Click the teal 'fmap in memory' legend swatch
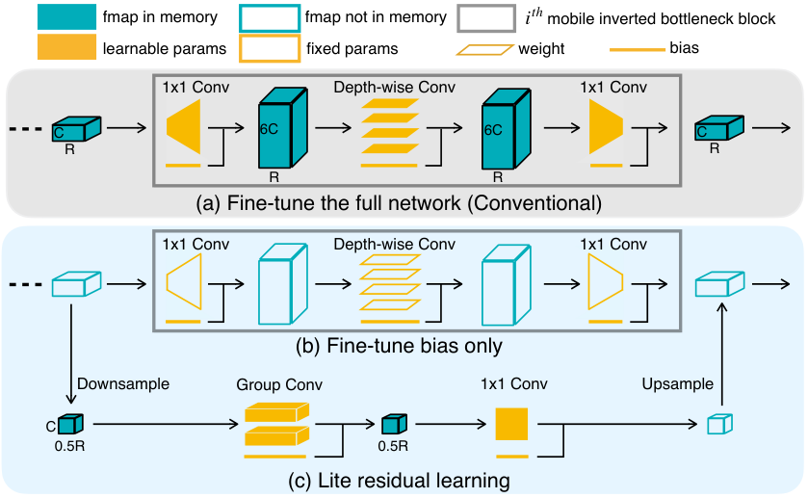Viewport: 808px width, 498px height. [x=66, y=16]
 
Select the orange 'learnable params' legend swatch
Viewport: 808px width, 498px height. [x=66, y=47]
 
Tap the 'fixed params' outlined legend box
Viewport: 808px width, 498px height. [x=270, y=48]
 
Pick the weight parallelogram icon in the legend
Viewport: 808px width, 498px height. [x=485, y=49]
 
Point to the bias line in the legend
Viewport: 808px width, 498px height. [x=638, y=49]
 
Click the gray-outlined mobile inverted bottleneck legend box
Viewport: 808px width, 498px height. [x=486, y=18]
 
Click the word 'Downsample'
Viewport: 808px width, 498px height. [x=123, y=383]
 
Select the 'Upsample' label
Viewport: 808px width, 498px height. [x=678, y=383]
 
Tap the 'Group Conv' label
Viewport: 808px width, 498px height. [x=279, y=384]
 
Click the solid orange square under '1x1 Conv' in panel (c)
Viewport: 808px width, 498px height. [x=511, y=424]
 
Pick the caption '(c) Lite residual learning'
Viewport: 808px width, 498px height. [x=399, y=480]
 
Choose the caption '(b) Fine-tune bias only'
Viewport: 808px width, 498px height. [x=399, y=346]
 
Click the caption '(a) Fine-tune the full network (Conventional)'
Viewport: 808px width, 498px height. [x=399, y=202]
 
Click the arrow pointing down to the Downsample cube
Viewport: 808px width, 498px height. [x=71, y=354]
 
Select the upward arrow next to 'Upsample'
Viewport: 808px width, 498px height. [x=722, y=354]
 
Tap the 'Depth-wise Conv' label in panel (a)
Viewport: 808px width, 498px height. [x=394, y=87]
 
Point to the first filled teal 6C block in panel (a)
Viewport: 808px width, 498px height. [x=283, y=128]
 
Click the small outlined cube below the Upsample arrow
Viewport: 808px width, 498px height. [x=720, y=424]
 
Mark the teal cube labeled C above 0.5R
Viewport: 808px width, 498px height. [x=70, y=424]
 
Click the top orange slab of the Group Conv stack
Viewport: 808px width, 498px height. [x=276, y=412]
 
